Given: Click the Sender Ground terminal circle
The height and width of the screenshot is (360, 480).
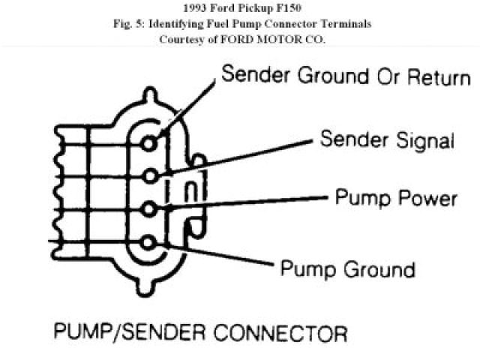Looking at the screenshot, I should [151, 142].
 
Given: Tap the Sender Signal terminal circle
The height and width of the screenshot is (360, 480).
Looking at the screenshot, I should [151, 175].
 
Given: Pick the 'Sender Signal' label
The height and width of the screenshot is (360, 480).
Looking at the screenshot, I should [387, 139].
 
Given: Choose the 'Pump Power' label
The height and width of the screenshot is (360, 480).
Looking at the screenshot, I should [396, 198].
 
